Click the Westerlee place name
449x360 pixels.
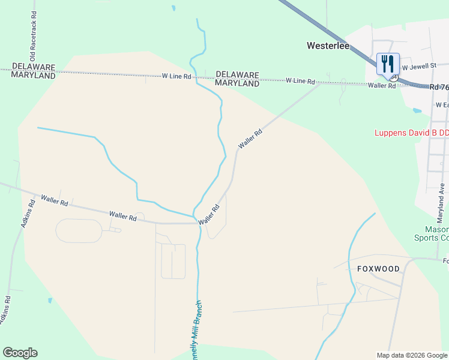pos(329,45)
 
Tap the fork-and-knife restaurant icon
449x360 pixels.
pos(388,64)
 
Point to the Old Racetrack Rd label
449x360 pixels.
pos(34,30)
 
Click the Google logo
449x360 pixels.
pos(20,353)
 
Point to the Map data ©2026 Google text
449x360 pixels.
pos(412,355)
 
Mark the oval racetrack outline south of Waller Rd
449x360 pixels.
pos(79,230)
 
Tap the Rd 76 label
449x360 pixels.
pos(439,87)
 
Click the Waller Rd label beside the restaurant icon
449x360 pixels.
pos(382,86)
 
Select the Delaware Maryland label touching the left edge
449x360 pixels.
pos(34,71)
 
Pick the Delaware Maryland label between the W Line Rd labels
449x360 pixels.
pos(237,79)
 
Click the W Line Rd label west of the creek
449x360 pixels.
pos(176,76)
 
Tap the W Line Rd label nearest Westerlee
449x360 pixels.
pos(301,80)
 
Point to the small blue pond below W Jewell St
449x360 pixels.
pos(416,110)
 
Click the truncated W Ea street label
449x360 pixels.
pos(442,104)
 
